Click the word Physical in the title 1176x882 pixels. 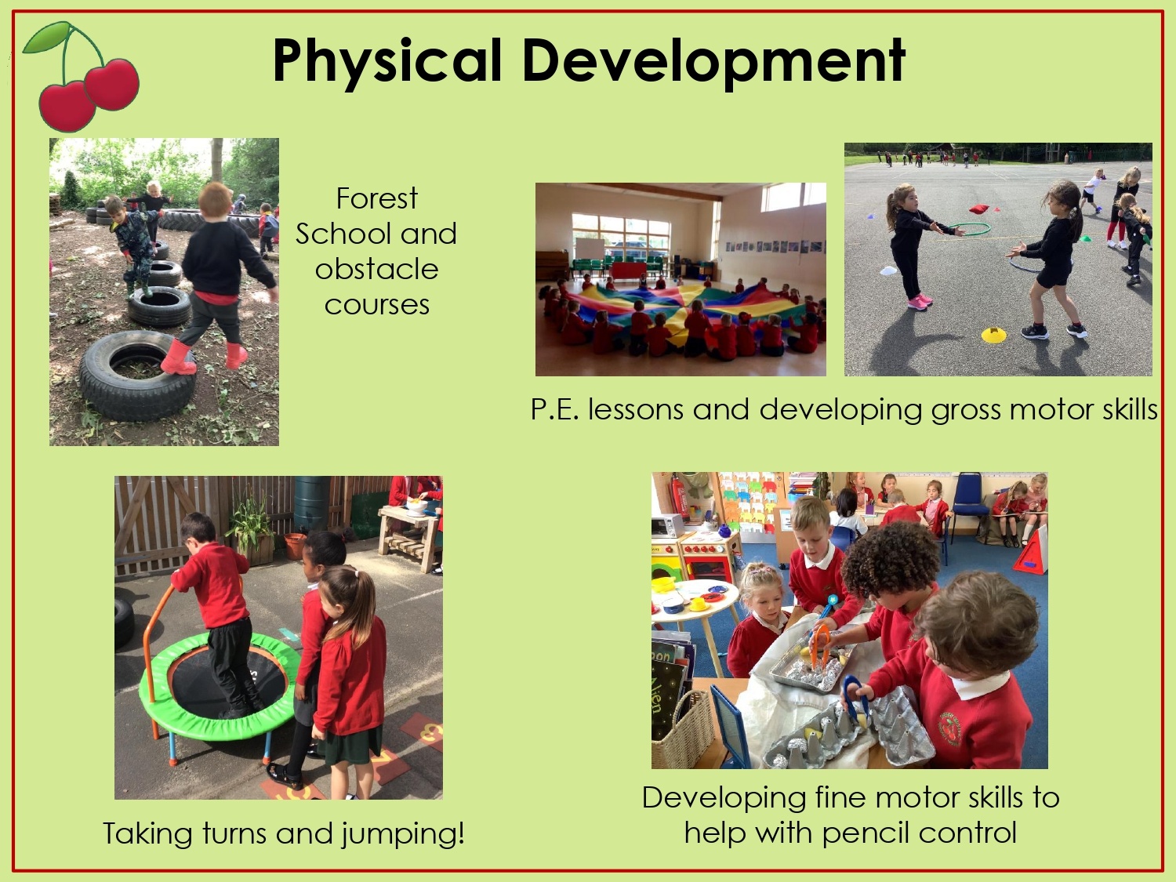387,61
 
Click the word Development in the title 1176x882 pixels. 713,61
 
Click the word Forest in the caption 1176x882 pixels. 376,198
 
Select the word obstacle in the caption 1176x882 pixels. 376,269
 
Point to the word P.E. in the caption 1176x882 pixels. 555,410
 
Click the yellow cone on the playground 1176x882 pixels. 994,335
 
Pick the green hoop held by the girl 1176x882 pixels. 969,229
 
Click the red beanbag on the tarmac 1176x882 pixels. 979,209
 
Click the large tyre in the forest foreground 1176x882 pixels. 138,376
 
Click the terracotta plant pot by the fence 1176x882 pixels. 296,546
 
